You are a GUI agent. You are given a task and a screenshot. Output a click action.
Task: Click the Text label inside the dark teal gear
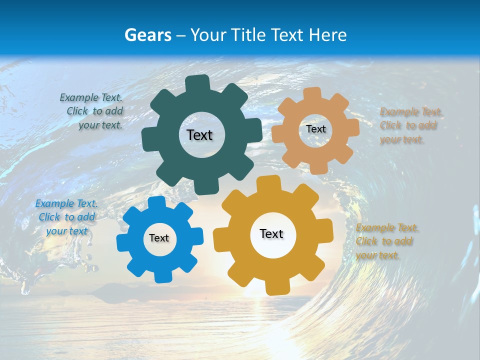(x=199, y=135)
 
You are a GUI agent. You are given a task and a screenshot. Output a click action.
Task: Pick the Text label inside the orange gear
(x=315, y=129)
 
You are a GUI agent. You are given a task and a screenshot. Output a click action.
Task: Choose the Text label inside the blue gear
(x=159, y=238)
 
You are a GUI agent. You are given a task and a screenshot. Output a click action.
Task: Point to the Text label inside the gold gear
(x=271, y=234)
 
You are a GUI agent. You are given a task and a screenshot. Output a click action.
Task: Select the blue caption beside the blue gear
(x=66, y=217)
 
